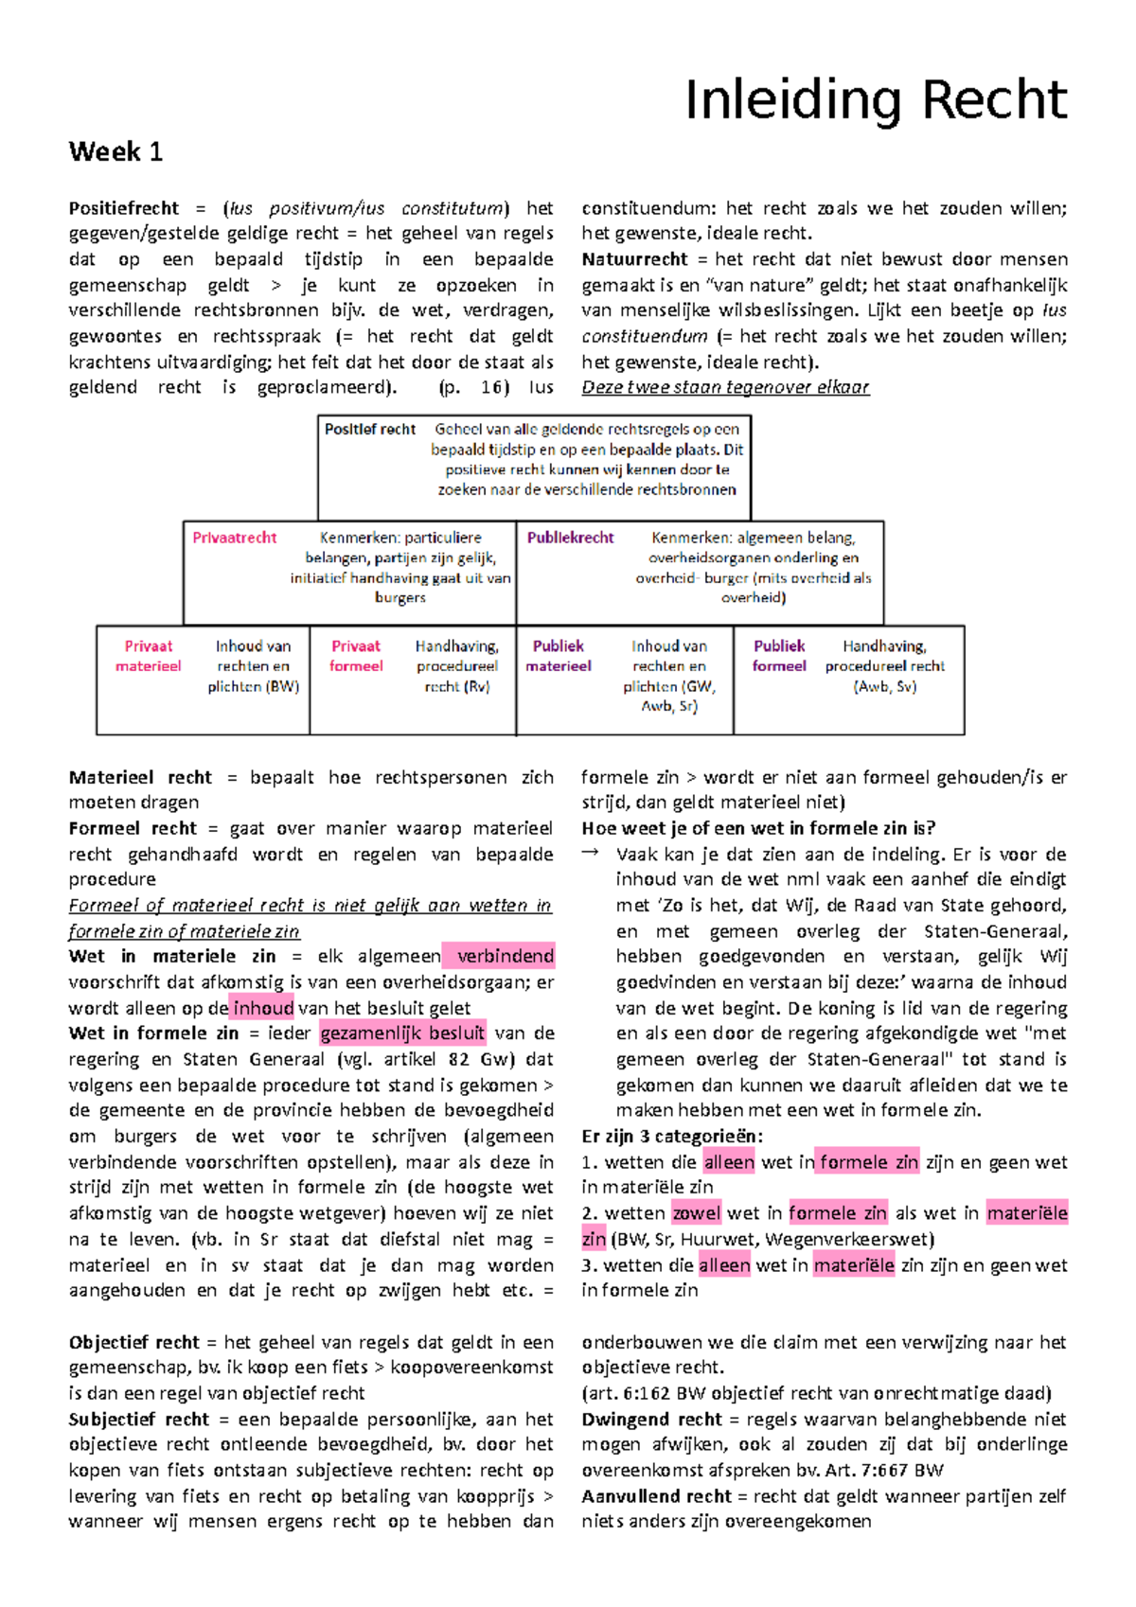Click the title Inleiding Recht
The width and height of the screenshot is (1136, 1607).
click(x=876, y=100)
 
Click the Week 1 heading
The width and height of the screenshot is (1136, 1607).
click(x=115, y=151)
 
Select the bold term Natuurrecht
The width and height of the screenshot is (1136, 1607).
click(x=634, y=259)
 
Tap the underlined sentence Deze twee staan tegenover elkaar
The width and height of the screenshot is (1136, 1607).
click(x=725, y=387)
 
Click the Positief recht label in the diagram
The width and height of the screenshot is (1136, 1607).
click(x=370, y=430)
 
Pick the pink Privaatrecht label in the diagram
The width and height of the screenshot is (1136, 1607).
click(x=235, y=538)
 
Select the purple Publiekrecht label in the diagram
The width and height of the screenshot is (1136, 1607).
click(x=570, y=538)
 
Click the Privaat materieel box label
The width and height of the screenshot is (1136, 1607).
click(x=149, y=656)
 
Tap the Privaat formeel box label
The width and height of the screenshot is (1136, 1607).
click(x=356, y=656)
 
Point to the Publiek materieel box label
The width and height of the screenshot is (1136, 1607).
click(x=559, y=656)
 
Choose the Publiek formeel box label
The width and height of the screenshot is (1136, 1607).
click(x=779, y=656)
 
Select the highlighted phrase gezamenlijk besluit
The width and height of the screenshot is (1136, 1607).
click(x=403, y=1033)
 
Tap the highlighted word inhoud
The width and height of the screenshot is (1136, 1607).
click(x=263, y=1008)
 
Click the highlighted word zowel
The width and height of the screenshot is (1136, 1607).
click(x=697, y=1213)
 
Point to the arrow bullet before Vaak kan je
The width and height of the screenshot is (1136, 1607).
click(x=591, y=853)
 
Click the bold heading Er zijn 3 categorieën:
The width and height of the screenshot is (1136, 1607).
click(x=672, y=1137)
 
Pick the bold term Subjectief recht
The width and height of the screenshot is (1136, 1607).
click(x=138, y=1420)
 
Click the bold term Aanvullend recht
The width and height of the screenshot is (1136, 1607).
click(x=656, y=1496)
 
